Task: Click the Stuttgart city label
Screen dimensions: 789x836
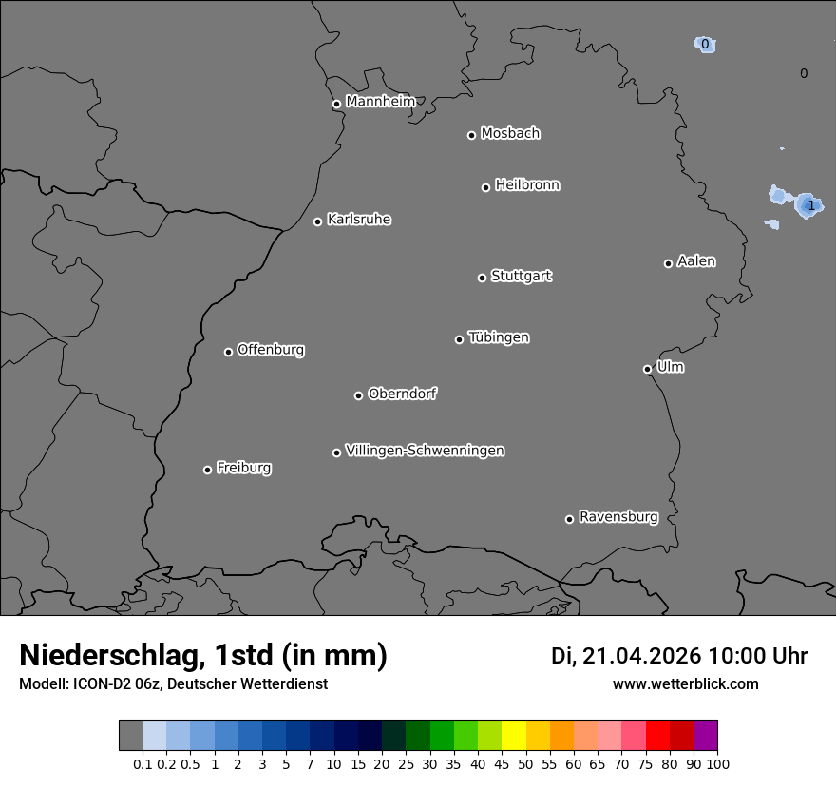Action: pos(521,276)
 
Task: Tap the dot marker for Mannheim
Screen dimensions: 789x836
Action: pos(336,105)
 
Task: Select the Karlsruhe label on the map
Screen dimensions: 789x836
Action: pos(359,220)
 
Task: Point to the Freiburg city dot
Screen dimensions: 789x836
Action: pos(207,470)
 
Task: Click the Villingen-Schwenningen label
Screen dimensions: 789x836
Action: pos(425,451)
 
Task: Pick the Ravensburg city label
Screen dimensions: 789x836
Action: pos(618,517)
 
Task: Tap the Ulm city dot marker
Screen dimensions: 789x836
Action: pos(647,369)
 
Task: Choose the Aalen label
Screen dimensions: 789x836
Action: pos(696,261)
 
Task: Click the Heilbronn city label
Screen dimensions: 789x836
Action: pos(527,185)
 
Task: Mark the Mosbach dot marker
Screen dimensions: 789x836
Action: pos(471,135)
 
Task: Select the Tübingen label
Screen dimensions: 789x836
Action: pos(499,337)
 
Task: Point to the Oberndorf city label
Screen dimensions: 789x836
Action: pos(403,394)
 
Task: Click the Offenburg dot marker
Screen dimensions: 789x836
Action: pos(228,352)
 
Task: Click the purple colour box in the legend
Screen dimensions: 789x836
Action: pos(705,736)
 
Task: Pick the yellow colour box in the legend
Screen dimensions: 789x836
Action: pos(514,736)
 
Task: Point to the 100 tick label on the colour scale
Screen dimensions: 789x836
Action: pos(717,763)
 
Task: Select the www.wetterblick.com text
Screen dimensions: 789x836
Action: pos(686,683)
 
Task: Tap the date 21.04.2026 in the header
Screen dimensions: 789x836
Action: pos(641,656)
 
